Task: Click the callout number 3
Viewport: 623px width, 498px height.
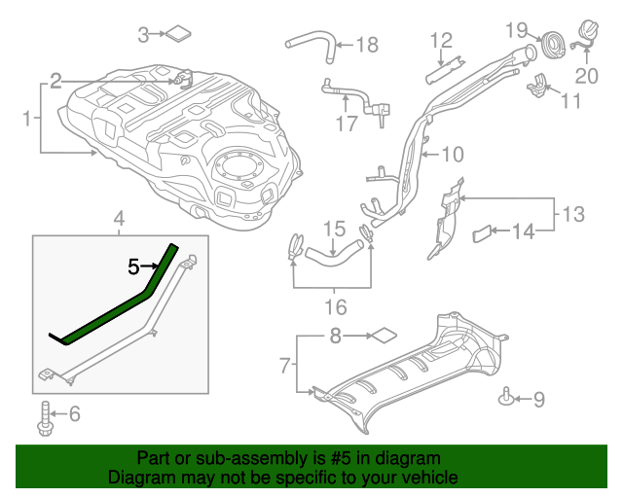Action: [x=143, y=36]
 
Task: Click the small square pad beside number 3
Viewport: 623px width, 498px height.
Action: [x=178, y=34]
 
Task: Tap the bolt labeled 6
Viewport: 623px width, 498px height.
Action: [x=44, y=416]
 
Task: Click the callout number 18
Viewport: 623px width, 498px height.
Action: [x=366, y=45]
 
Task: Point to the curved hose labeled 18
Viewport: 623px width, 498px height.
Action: [x=310, y=42]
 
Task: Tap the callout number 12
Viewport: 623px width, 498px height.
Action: [x=441, y=40]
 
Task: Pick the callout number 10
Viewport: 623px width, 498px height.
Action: [x=453, y=154]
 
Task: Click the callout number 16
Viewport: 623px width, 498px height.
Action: [x=334, y=308]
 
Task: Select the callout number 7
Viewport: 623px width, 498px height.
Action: [x=285, y=366]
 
